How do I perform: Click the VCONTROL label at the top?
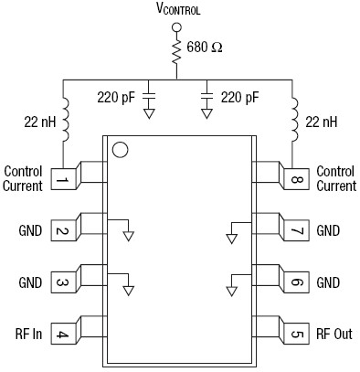pos(178,11)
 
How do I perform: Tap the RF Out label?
pos(334,334)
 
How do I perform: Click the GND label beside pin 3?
pos(29,282)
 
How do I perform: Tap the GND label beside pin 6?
pos(329,282)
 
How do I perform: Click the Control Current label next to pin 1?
pos(24,178)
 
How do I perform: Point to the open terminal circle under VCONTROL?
pos(179,27)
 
